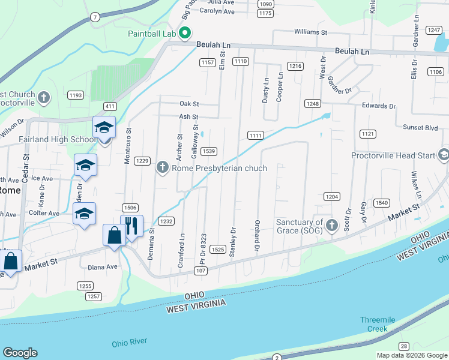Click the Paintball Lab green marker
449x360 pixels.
185,33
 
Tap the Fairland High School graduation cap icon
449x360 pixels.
104,128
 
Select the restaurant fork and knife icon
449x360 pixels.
132,226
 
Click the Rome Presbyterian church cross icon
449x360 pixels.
163,168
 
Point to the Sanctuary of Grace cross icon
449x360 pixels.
331,226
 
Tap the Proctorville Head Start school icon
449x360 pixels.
444,155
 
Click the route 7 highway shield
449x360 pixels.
95,17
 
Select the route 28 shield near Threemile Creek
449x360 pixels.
403,346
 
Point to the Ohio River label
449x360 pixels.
129,342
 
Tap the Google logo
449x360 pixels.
20,353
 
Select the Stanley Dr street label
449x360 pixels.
232,242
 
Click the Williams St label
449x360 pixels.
310,32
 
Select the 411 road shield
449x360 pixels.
109,106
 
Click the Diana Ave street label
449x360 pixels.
103,267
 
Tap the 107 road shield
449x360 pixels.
200,271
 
